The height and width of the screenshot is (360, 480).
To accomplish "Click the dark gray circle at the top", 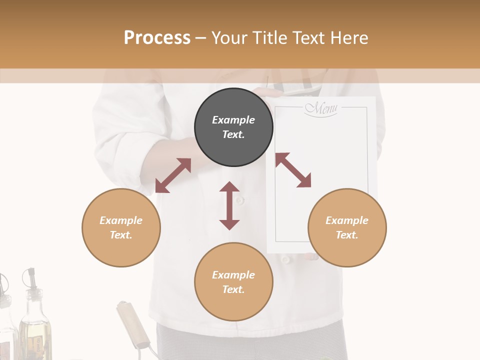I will (x=233, y=127).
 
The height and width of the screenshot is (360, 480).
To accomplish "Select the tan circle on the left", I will (x=121, y=227).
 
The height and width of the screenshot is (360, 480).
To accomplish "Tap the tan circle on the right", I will (x=347, y=227).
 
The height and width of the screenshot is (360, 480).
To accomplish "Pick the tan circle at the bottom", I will (x=233, y=281).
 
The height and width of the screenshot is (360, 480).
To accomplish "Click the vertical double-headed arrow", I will (x=229, y=205).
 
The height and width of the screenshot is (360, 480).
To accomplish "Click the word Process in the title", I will (x=157, y=37).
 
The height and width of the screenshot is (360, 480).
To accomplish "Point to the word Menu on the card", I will (x=321, y=108).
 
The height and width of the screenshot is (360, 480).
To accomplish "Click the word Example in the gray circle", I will (x=233, y=120).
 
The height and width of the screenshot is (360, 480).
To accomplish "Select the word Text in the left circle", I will (x=121, y=235).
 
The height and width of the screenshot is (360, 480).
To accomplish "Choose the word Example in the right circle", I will (x=347, y=220).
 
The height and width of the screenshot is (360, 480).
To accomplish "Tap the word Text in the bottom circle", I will (x=233, y=289).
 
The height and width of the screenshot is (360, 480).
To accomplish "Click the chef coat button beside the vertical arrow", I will (x=240, y=200).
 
